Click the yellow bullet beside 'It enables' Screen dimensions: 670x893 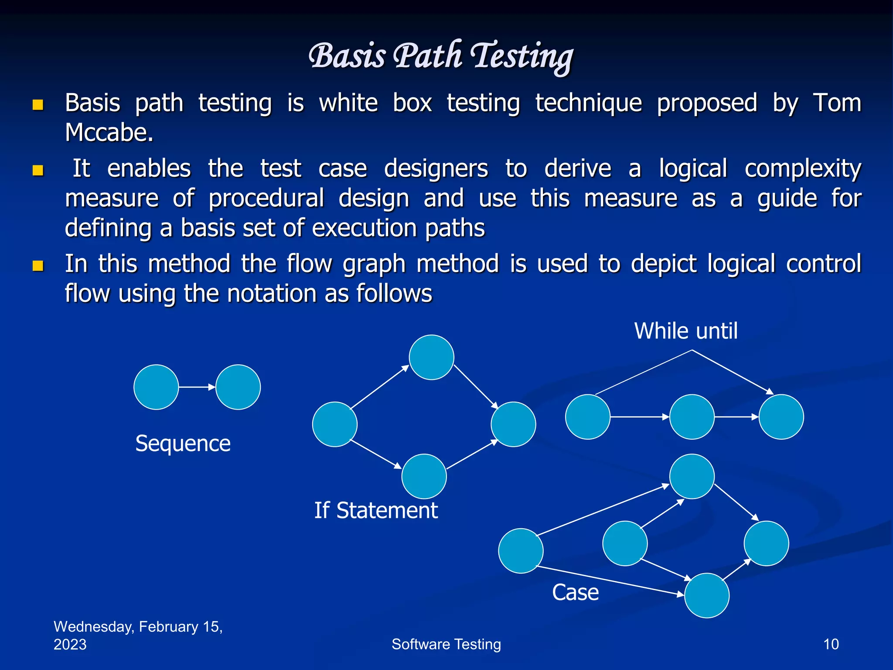38,170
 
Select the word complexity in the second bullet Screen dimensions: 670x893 803,169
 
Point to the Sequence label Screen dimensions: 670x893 183,444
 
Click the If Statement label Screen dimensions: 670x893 375,510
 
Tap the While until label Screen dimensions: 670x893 685,331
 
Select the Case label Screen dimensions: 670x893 575,592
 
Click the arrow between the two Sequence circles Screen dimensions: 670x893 197,387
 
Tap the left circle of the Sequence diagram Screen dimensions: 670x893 156,387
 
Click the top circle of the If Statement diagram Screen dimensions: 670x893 431,357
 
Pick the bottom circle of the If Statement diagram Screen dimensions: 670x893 424,476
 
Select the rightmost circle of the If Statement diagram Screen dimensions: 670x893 513,424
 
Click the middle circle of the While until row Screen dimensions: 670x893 692,417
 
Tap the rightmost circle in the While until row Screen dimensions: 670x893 781,417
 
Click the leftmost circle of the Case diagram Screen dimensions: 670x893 521,550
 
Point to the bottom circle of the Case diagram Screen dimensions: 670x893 706,595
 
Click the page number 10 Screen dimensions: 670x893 831,644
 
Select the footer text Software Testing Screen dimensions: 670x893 446,644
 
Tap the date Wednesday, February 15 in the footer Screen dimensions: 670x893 138,627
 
